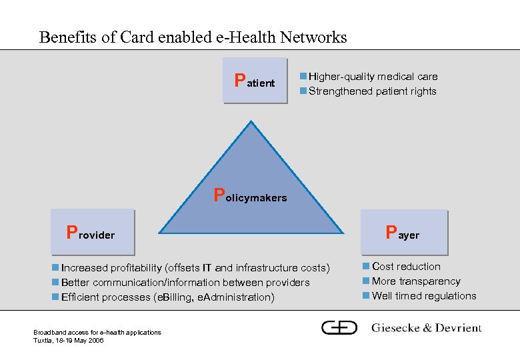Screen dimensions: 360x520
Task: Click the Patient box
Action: (256, 81)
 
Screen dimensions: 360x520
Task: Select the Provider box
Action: (93, 232)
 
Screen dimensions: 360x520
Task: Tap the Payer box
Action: (404, 232)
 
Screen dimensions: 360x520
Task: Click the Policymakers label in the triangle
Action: (251, 196)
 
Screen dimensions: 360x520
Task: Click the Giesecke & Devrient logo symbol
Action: (339, 327)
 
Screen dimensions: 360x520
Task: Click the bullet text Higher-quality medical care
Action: (373, 77)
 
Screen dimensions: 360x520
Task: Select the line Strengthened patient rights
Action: (372, 91)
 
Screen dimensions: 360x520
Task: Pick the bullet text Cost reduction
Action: (406, 267)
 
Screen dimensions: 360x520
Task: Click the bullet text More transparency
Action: (416, 281)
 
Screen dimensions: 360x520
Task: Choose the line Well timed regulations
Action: (424, 296)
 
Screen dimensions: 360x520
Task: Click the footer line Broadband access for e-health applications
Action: (97, 332)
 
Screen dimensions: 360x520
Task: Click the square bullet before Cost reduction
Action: (366, 267)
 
